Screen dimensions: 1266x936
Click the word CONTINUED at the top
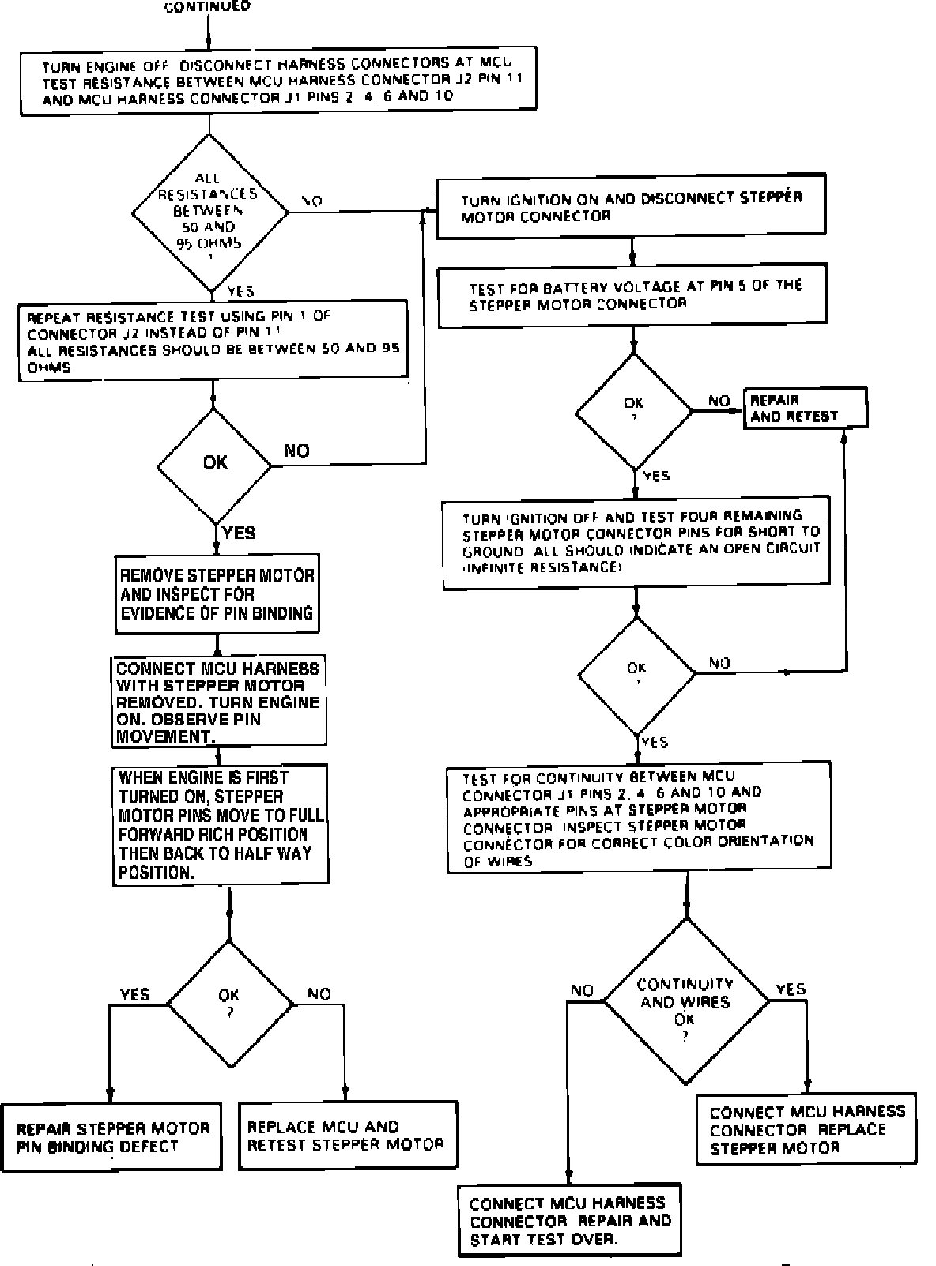207,6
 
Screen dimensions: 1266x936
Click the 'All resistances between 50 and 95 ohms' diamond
209,212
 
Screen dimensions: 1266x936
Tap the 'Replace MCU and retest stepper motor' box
346,1135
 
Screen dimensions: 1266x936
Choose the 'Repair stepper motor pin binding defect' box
112,1137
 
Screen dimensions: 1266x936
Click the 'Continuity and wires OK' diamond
685,1001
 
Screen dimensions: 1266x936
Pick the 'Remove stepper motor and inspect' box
217,594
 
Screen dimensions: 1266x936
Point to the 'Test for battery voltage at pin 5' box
632,296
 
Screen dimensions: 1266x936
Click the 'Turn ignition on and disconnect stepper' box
631,206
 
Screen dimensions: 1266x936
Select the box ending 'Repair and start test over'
569,1220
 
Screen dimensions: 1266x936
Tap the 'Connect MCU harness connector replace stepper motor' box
806,1129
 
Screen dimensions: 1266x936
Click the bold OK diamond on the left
215,463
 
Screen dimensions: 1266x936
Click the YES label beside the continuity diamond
791,989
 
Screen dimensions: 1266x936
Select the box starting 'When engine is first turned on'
220,824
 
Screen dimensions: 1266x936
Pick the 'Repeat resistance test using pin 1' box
213,341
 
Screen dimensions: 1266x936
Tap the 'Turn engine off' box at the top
278,82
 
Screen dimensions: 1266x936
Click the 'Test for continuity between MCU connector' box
639,818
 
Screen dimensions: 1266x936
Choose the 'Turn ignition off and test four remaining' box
636,543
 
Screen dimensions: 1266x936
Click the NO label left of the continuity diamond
582,990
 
